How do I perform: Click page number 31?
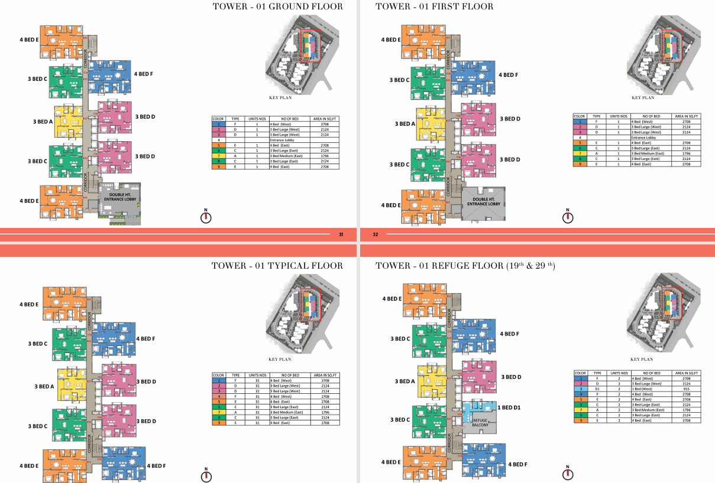[x=341, y=234]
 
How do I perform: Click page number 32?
[x=376, y=234]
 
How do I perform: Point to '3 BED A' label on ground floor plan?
[x=43, y=121]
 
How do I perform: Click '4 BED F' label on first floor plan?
[x=509, y=75]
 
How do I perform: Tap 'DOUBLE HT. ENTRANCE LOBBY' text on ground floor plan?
[x=120, y=198]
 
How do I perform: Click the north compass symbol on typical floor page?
[x=206, y=475]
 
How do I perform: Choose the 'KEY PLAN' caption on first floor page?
[x=642, y=98]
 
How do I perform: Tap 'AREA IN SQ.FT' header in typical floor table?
[x=325, y=375]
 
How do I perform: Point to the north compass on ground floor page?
[x=206, y=216]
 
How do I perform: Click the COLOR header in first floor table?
[x=580, y=116]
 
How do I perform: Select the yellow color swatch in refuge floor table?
[x=580, y=409]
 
